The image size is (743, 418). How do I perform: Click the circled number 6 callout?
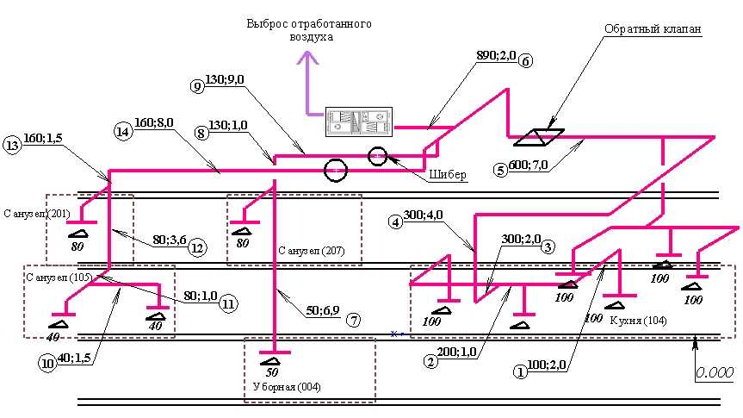[525, 60]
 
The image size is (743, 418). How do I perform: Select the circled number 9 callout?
[197, 86]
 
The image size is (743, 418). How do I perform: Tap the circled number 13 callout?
[11, 145]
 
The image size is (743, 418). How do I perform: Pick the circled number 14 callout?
[122, 131]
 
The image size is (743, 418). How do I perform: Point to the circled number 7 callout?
[354, 321]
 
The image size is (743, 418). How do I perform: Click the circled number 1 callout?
[520, 372]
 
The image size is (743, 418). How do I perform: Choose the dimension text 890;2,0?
[496, 55]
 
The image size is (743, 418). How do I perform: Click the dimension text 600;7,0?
[528, 165]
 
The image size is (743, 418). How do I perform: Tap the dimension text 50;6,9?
[322, 311]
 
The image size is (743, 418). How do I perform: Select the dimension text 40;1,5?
[74, 358]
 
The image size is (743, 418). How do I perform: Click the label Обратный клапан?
[653, 29]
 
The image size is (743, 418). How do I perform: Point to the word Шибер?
[448, 175]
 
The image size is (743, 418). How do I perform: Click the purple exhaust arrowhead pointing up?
[308, 58]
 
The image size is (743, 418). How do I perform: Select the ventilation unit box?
[359, 122]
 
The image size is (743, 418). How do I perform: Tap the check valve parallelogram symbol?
[539, 137]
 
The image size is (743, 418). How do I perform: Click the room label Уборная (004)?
[287, 387]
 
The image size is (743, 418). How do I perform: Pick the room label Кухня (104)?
[638, 321]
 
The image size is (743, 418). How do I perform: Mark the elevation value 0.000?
[715, 372]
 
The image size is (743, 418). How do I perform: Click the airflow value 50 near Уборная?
[272, 372]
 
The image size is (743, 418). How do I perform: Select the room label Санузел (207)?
[312, 251]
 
